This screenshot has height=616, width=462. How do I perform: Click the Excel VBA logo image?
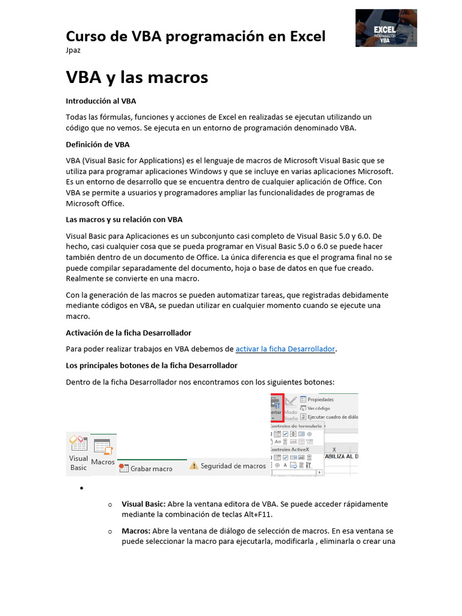[x=386, y=28]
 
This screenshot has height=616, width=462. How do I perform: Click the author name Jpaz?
[x=73, y=50]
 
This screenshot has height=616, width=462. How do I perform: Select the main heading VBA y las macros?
[x=137, y=77]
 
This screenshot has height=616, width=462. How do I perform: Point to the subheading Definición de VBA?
[x=97, y=144]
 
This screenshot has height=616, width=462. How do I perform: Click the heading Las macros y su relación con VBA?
[x=124, y=220]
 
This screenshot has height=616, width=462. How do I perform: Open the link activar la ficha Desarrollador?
[x=285, y=349]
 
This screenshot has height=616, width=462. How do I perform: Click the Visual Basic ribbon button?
[x=79, y=453]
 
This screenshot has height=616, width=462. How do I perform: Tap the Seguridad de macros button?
[x=233, y=466]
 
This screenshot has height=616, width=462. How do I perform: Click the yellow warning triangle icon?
[x=193, y=466]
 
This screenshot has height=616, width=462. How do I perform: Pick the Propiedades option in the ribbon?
[x=320, y=399]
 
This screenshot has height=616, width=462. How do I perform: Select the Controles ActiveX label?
[x=288, y=449]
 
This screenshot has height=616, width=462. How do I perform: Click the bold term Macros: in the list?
[x=136, y=531]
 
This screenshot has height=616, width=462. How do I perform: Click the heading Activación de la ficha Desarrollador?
[x=128, y=333]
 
